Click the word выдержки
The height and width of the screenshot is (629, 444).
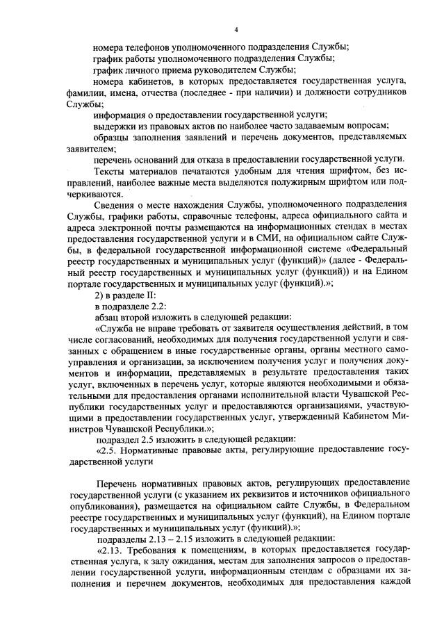114,126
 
